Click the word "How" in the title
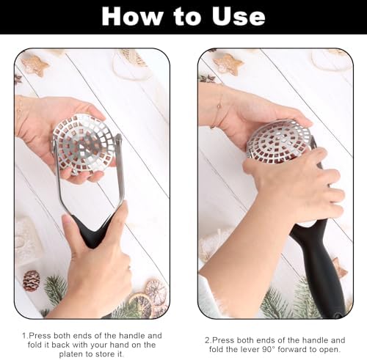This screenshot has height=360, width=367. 132,16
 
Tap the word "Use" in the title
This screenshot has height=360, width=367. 239,16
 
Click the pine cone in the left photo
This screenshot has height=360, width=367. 32,281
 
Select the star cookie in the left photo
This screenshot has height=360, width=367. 34,65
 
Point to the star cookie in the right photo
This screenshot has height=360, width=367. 228,64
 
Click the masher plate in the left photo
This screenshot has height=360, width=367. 84,144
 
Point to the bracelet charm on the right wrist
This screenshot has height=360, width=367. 219,106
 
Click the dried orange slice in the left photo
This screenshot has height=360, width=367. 142,304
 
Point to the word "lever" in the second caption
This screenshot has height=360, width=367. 248,349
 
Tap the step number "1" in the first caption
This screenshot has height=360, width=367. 24,336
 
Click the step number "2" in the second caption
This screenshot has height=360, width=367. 208,340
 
